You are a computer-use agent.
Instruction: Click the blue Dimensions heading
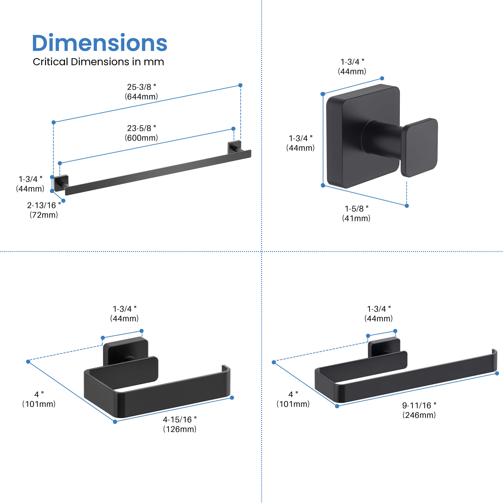[99, 43]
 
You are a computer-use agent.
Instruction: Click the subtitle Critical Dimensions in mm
[98, 62]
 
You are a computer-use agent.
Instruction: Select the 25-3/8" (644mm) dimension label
[141, 92]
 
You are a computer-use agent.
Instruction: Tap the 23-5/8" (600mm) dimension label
[141, 133]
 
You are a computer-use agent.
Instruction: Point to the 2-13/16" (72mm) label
[44, 210]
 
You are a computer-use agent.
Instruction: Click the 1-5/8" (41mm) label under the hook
[356, 213]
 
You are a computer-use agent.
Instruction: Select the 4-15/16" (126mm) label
[180, 424]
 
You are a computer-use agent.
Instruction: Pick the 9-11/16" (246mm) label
[419, 410]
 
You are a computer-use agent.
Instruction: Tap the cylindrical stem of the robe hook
[381, 139]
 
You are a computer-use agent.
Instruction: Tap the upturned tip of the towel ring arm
[494, 352]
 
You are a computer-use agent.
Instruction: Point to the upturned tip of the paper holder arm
[226, 368]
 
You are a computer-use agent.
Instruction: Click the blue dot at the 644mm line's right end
[240, 85]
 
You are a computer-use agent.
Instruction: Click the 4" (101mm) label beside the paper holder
[39, 399]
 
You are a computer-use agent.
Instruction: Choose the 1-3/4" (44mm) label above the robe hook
[352, 66]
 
